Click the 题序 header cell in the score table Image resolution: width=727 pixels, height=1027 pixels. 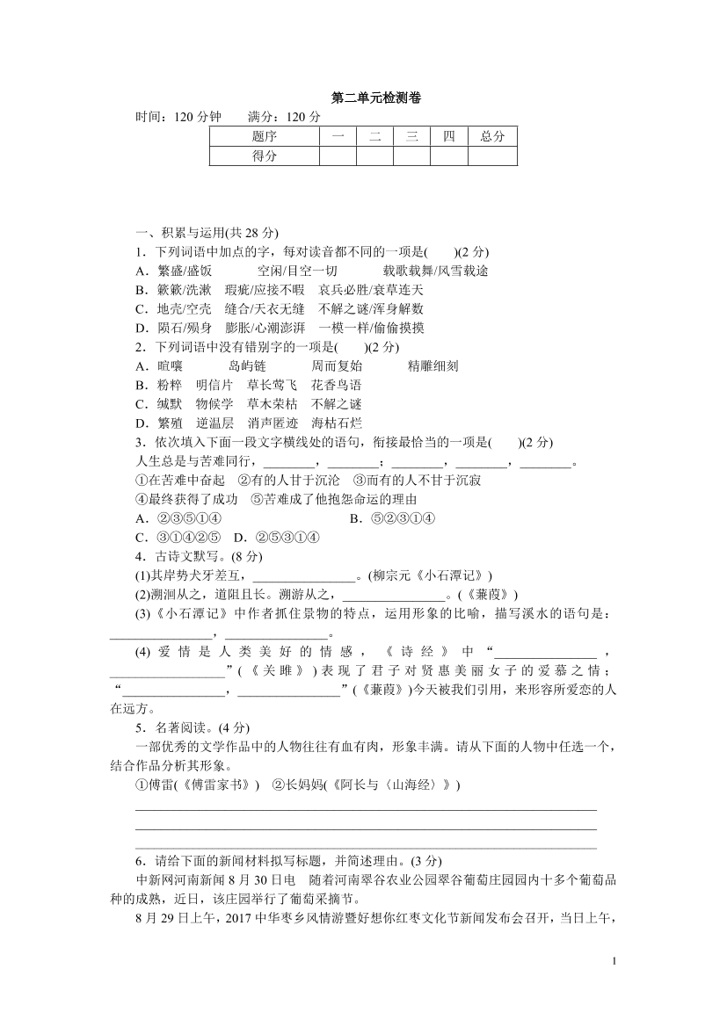click(x=264, y=136)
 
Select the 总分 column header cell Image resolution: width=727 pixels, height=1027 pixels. click(x=492, y=136)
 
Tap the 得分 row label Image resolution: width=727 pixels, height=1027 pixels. click(x=264, y=155)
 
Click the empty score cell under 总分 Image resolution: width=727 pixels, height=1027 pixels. click(x=492, y=155)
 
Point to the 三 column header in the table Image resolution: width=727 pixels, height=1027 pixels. click(x=411, y=136)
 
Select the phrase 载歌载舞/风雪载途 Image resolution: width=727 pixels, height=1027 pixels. click(x=435, y=271)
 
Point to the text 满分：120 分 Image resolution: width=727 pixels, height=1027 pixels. click(x=285, y=117)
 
